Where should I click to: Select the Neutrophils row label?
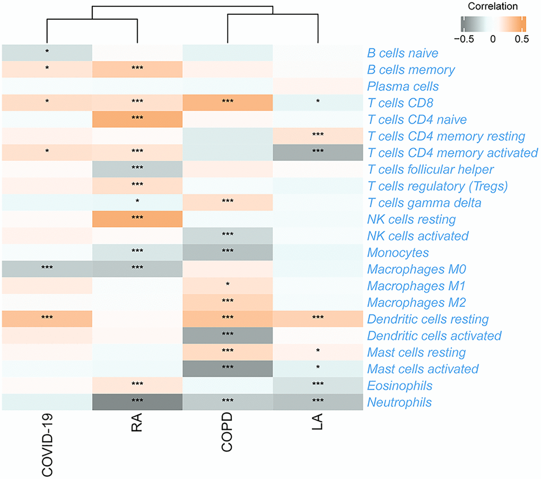pyautogui.click(x=399, y=403)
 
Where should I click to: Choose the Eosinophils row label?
pyautogui.click(x=400, y=386)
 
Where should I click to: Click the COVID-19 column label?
pyautogui.click(x=47, y=443)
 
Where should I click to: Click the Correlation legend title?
pyautogui.click(x=493, y=7)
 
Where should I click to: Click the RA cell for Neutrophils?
pyautogui.click(x=137, y=403)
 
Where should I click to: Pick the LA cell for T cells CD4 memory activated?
pyautogui.click(x=318, y=153)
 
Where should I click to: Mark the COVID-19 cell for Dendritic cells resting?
pyautogui.click(x=47, y=319)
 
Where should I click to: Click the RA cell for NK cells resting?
pyautogui.click(x=137, y=219)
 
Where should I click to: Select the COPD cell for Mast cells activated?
pyautogui.click(x=228, y=369)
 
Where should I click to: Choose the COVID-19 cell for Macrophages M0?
pyautogui.click(x=47, y=269)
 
